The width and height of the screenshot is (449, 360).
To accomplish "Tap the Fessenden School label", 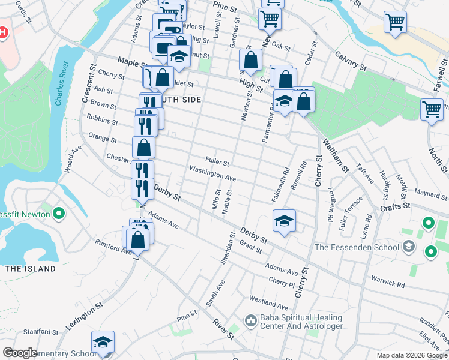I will point(357,247).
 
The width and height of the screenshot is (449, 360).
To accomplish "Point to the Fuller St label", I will point(217,161).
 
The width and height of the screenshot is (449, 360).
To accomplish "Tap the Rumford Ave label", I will point(113,246).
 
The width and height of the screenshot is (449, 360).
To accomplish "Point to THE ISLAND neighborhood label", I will point(30,268).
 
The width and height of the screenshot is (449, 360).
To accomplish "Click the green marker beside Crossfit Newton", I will point(59,213).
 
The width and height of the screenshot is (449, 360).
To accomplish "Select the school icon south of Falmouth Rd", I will point(285,221).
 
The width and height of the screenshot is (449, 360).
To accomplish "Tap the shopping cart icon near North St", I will point(431,110).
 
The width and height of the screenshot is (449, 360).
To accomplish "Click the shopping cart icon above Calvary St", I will point(395,23).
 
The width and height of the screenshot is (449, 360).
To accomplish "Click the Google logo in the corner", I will point(20,353).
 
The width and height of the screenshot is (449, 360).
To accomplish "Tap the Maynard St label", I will point(431,193).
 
